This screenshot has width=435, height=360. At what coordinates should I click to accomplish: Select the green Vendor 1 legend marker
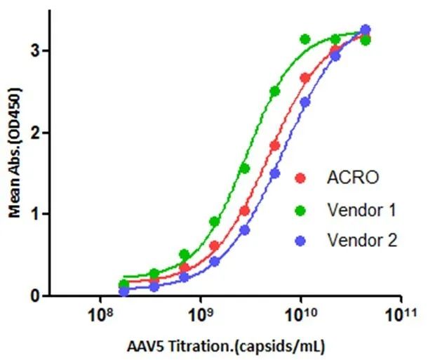pos(302,209)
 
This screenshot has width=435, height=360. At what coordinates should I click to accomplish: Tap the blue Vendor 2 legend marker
pos(302,241)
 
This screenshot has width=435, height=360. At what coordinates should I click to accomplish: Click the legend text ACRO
pos(353,178)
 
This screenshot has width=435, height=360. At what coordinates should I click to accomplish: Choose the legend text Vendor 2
pos(362,241)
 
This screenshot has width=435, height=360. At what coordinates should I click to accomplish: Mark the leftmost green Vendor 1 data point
pos(124,284)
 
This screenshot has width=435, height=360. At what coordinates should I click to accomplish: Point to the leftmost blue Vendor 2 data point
pos(124,291)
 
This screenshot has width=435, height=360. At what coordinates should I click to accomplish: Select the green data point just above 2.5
pos(275,91)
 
